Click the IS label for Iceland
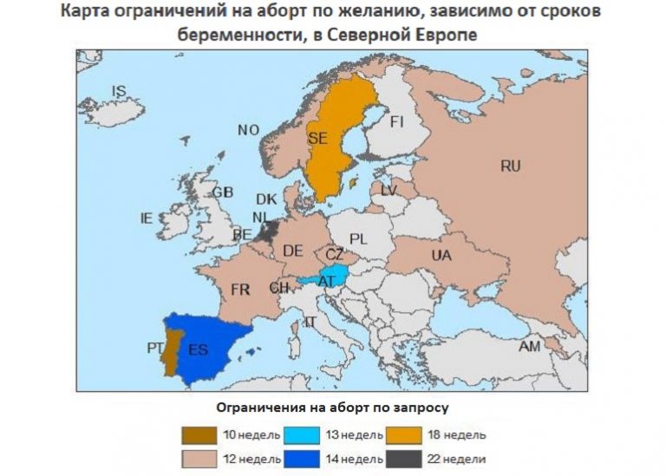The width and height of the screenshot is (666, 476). [x=120, y=90]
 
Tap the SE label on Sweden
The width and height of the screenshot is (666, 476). [x=317, y=138]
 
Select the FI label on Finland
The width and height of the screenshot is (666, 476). [x=396, y=121]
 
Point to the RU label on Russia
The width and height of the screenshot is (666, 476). [x=511, y=166]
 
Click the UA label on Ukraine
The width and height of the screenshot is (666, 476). [x=441, y=255]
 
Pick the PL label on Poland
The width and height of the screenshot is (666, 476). [x=359, y=238]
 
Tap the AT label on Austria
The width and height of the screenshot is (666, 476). [x=327, y=281]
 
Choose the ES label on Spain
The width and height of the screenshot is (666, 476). [x=198, y=349]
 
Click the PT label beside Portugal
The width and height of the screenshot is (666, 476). [x=155, y=349]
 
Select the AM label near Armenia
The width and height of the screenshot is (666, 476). [x=529, y=346]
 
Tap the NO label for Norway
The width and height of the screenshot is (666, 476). [x=249, y=130]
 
